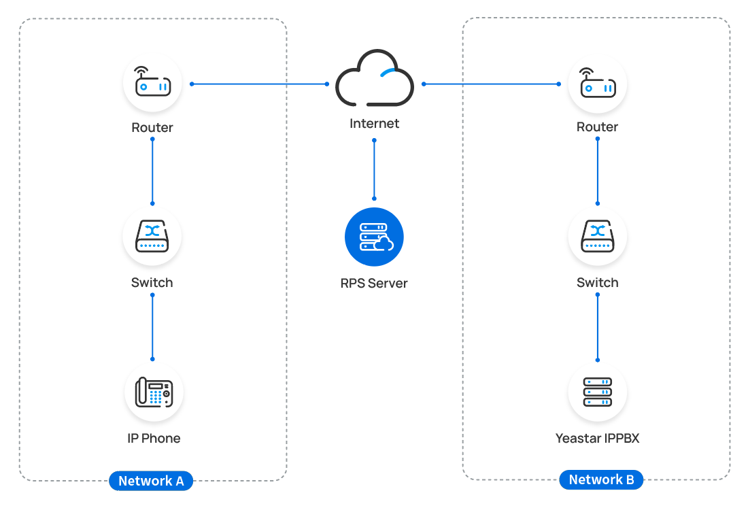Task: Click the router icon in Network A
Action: click(x=152, y=83)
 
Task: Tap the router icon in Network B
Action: click(x=598, y=83)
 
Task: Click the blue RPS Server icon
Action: click(x=374, y=237)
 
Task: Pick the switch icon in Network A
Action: click(x=152, y=237)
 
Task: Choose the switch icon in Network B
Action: click(x=598, y=237)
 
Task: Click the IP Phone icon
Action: click(x=154, y=392)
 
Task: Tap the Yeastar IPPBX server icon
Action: click(x=598, y=392)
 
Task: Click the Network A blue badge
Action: click(x=151, y=481)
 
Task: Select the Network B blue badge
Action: click(x=601, y=479)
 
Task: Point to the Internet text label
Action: click(x=375, y=124)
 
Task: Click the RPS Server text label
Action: click(x=374, y=283)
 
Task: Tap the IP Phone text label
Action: click(x=154, y=439)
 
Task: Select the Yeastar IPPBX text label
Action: click(x=598, y=439)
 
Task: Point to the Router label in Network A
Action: click(x=152, y=128)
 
